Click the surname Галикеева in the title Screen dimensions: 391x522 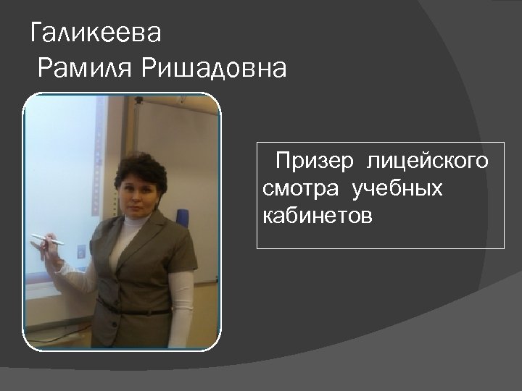96,33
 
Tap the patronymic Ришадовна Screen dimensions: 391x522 214,69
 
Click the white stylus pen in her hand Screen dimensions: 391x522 47,239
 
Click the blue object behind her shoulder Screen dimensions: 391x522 182,216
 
